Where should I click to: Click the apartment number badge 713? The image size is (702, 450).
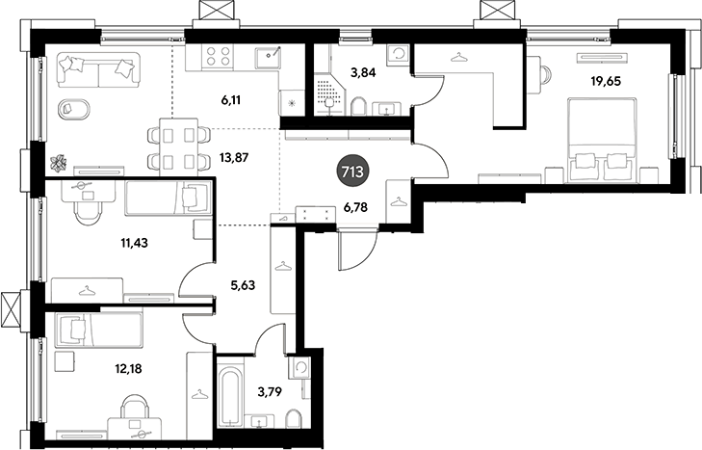point(352,172)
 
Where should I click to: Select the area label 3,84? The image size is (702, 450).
point(363,71)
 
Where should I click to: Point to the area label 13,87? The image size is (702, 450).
point(234,157)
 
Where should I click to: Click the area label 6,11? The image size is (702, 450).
point(231,100)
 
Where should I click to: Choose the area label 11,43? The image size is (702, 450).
point(134,243)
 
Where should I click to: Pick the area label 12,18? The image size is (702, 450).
point(128,368)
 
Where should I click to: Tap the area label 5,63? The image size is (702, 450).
point(243,284)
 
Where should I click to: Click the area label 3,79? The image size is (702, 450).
point(270,392)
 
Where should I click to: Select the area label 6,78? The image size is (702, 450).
point(355,207)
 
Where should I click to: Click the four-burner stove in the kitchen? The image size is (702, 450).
point(218,57)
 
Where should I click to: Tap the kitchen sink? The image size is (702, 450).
point(268,58)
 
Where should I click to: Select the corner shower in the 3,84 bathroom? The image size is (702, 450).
point(329,95)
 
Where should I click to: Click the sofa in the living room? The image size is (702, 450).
point(98,70)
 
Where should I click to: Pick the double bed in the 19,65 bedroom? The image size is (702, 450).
point(601,141)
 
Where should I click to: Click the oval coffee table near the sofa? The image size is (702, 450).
point(74,109)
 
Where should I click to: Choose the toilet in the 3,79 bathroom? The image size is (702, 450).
point(294,418)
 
